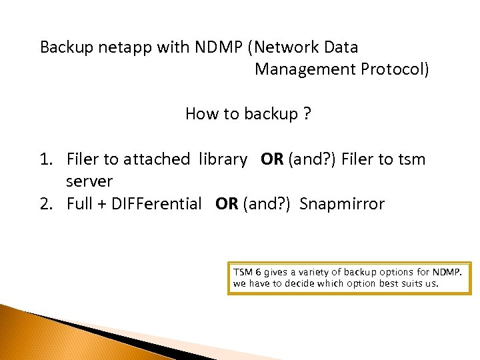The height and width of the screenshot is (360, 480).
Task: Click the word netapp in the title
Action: tap(117, 47)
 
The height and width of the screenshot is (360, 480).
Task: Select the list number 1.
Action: tap(45, 159)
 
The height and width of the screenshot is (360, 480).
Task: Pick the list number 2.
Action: tap(45, 204)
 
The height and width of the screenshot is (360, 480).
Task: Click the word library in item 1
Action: tap(223, 159)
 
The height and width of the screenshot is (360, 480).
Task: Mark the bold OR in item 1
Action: tap(272, 159)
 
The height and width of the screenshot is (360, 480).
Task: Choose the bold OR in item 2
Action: tap(227, 204)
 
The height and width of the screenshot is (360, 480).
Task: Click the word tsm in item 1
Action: tap(412, 159)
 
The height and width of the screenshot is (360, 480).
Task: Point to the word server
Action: tap(89, 181)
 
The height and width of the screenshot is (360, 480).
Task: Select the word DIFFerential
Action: tap(159, 204)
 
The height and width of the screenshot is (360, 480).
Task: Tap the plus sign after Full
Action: tap(103, 204)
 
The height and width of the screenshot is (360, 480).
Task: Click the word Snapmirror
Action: tap(342, 204)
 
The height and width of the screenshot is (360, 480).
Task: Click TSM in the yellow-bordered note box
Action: tap(243, 273)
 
